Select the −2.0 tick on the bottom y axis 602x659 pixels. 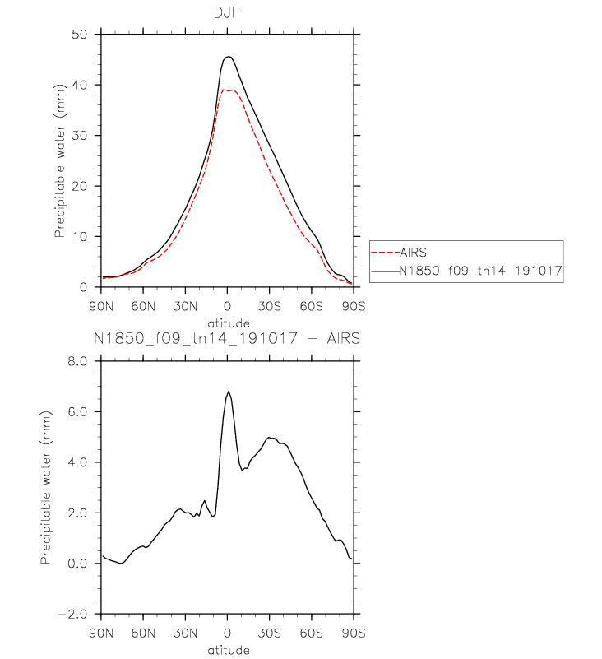(x=76, y=615)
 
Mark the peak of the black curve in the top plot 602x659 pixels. (x=228, y=57)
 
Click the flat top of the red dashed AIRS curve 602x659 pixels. (x=229, y=90)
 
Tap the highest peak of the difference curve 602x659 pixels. (x=229, y=392)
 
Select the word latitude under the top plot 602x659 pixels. (x=227, y=320)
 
